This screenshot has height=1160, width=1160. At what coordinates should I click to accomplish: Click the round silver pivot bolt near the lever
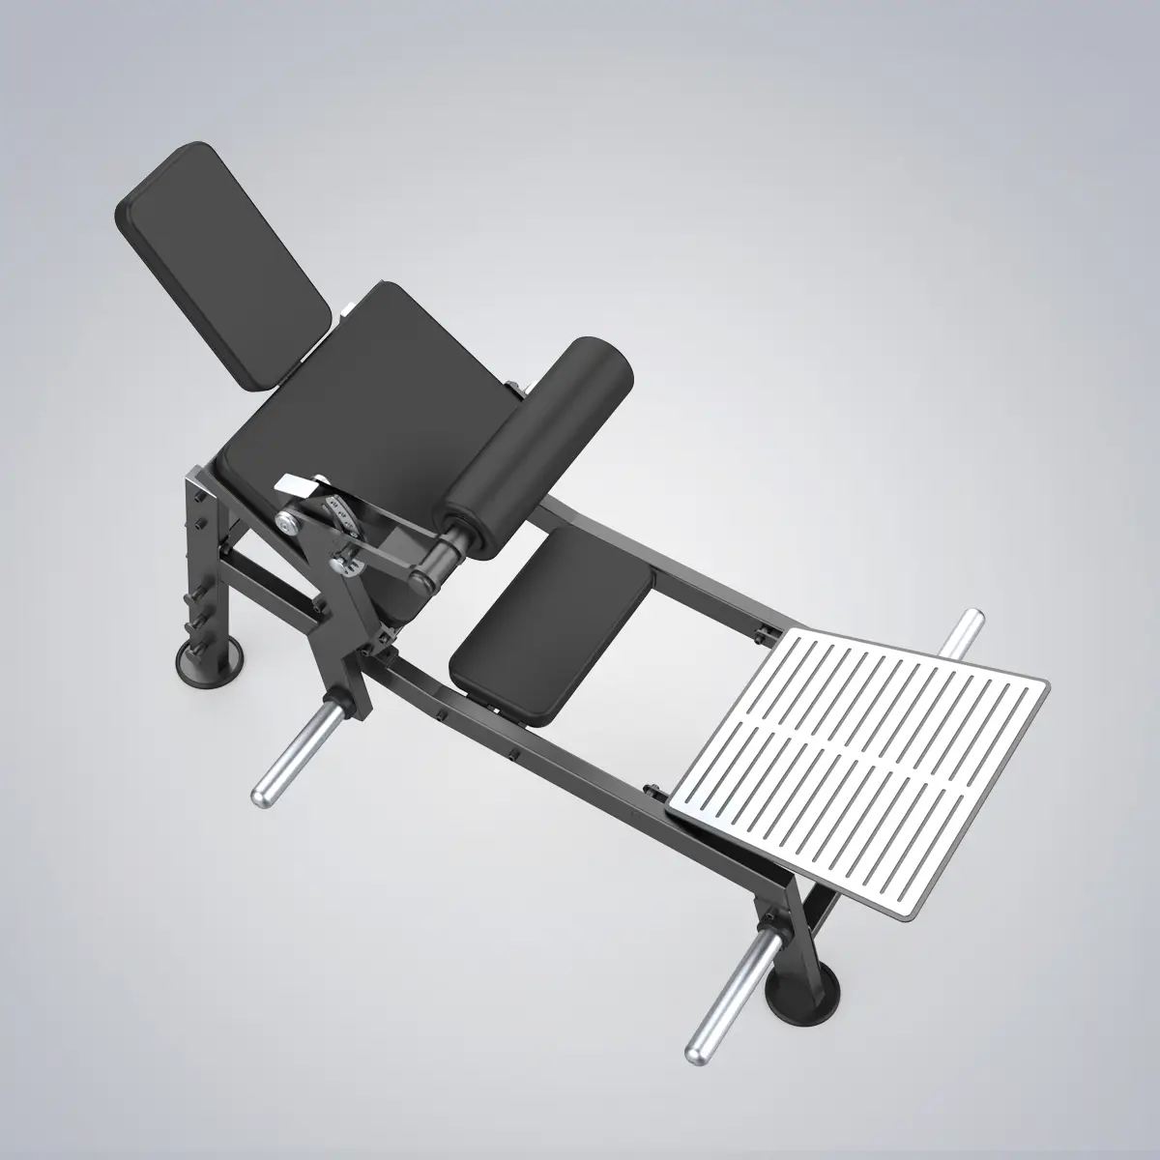(x=287, y=521)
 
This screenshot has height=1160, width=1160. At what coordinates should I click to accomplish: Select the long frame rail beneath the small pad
(x=580, y=754)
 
